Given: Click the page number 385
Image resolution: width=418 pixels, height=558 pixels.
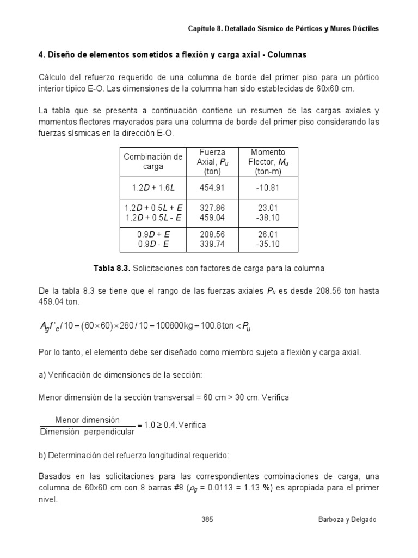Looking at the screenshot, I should pos(206,519).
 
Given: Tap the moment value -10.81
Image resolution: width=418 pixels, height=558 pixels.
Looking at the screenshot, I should pos(267,187).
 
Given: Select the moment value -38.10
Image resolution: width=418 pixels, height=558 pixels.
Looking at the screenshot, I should pos(267,217).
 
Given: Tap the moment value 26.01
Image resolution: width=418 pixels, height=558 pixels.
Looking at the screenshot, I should pos(267,235).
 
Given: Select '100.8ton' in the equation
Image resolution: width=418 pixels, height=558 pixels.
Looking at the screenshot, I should pos(216,326).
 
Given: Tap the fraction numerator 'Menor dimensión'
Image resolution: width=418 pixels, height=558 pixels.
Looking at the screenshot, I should pos(87,420).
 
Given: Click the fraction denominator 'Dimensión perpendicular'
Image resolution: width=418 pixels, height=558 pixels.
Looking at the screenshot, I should pos(87,432).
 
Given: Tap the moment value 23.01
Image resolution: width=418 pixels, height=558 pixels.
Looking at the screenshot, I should pos(267,208).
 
